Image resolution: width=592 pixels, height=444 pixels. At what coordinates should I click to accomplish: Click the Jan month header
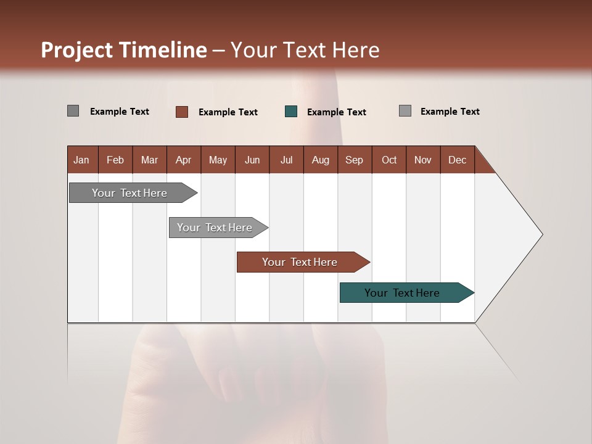81,160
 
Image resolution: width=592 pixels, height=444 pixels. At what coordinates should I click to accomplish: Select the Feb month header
115,160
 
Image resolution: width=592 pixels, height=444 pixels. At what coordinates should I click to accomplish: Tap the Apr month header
184,160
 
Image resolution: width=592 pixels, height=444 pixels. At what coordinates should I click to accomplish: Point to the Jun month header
252,160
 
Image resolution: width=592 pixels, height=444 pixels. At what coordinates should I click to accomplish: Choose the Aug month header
321,160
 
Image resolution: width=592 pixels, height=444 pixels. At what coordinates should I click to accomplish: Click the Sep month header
355,160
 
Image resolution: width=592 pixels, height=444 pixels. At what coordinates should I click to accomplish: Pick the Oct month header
389,160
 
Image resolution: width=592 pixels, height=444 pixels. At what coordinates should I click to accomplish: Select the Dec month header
458,160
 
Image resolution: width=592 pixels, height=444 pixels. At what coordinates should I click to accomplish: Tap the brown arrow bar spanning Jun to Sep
300,262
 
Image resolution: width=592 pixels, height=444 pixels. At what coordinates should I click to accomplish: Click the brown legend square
182,112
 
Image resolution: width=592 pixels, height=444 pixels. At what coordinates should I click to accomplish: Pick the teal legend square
291,112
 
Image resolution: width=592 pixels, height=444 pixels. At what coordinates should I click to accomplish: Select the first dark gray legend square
73,111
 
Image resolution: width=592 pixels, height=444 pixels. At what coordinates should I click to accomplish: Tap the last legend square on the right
405,111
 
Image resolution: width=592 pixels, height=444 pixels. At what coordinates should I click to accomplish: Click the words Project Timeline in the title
124,50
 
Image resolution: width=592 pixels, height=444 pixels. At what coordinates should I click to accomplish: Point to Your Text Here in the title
305,50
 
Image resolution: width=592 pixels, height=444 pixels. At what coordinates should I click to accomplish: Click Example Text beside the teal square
337,112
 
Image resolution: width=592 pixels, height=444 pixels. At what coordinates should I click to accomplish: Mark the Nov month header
423,160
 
